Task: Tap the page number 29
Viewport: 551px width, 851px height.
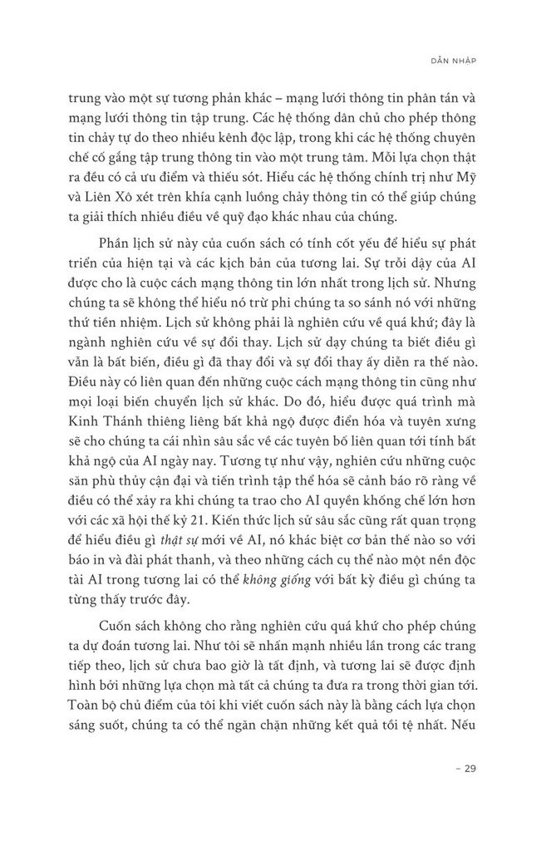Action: coord(460,768)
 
